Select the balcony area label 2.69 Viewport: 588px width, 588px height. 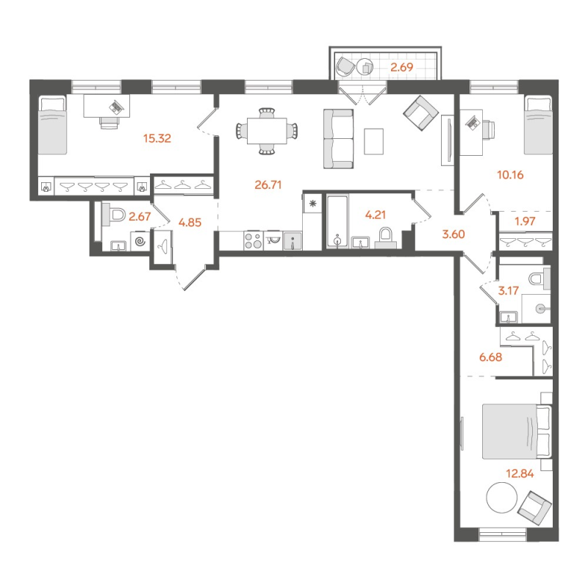click(403, 69)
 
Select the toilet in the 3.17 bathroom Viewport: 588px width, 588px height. click(538, 276)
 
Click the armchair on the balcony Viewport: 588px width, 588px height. click(345, 67)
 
